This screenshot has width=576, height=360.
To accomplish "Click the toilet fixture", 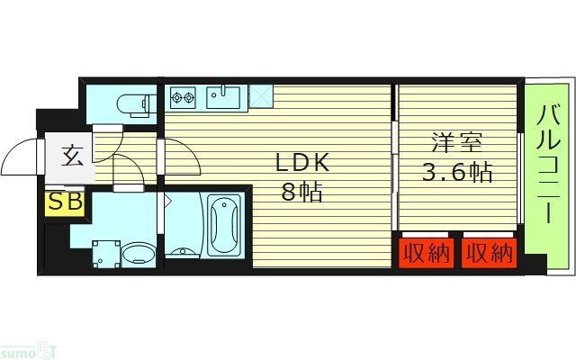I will click(x=135, y=105).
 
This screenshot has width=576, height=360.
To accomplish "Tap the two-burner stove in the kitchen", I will click(x=183, y=95).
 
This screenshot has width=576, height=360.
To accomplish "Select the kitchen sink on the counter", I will click(x=221, y=95).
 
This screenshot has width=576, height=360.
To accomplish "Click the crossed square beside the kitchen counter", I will click(x=260, y=95).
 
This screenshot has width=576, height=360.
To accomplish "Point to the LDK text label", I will click(x=302, y=163).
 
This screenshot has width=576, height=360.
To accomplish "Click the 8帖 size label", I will click(x=302, y=192).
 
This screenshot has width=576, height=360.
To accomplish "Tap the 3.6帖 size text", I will click(x=457, y=173).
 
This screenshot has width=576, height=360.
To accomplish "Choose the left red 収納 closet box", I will click(x=426, y=253).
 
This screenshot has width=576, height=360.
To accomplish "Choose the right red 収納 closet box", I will click(x=489, y=253).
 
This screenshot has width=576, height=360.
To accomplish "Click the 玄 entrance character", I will click(x=73, y=156).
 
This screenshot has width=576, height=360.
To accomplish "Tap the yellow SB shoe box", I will click(x=64, y=202).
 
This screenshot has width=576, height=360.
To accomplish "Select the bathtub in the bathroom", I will click(x=223, y=225).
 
